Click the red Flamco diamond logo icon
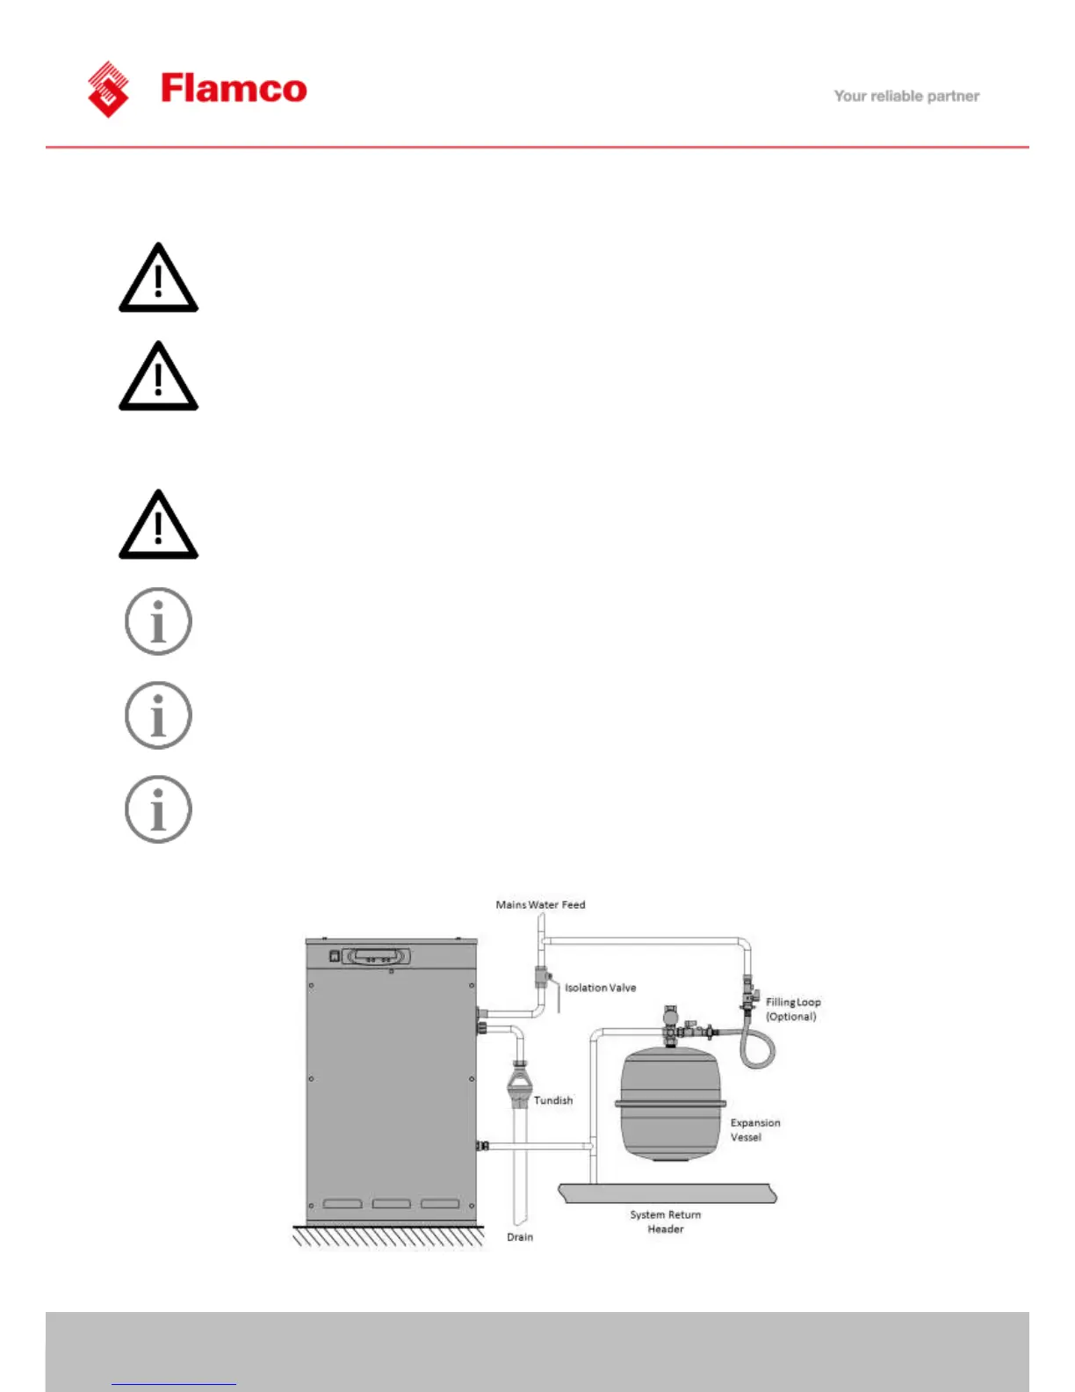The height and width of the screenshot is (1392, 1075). click(108, 89)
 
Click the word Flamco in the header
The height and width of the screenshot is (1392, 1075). click(234, 89)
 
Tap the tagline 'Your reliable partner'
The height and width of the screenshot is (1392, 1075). click(906, 96)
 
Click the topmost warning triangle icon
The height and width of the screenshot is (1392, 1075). click(158, 279)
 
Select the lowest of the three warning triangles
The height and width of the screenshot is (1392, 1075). click(158, 526)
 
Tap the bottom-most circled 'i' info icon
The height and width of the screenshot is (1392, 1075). click(158, 809)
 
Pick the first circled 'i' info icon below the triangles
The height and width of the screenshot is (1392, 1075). click(158, 621)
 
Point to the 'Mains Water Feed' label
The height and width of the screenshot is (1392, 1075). click(540, 904)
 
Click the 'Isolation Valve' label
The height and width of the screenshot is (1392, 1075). click(600, 988)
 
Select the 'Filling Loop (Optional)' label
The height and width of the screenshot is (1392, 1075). click(792, 1009)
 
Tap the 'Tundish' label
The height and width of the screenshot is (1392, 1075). click(553, 1100)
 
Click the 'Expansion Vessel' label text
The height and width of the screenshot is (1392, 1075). click(754, 1129)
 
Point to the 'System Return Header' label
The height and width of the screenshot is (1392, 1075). click(665, 1222)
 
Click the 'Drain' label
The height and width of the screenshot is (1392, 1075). click(520, 1237)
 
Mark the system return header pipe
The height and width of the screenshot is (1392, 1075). click(667, 1193)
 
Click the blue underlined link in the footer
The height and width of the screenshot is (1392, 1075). click(174, 1382)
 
